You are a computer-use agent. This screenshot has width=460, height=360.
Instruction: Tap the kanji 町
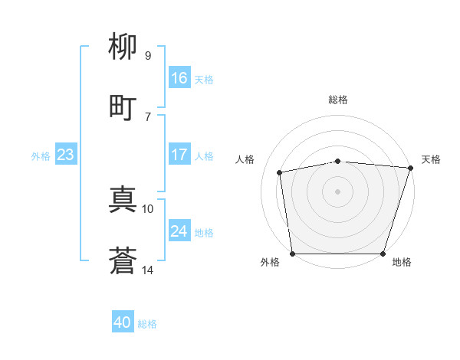coord(123,107)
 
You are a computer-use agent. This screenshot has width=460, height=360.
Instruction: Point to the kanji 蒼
coord(123,261)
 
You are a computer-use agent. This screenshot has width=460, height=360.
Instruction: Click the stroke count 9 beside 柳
coord(147,55)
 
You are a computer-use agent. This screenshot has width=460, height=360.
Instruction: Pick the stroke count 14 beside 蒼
coord(148,270)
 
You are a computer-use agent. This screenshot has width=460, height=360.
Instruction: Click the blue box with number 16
coord(179,78)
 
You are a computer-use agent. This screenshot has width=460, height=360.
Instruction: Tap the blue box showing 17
coord(179,155)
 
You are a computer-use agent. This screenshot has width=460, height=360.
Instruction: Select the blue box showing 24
coord(179,231)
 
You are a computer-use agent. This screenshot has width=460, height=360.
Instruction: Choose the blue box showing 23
coord(66,155)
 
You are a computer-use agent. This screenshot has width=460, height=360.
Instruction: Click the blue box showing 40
coord(123,323)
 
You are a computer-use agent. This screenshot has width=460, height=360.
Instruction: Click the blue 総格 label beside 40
coord(147,324)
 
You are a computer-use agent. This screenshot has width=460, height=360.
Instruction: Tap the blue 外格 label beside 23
coord(41,156)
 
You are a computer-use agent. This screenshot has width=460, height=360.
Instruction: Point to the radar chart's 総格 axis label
coord(338,100)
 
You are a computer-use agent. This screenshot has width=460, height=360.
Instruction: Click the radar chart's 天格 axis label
coord(431,159)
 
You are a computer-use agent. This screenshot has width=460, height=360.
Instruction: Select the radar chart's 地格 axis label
coord(402,263)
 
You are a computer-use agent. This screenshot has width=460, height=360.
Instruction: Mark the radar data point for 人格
coord(281,172)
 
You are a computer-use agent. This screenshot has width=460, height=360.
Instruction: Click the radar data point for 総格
coord(338,161)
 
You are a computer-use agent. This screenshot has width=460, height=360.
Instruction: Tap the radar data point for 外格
coord(292,254)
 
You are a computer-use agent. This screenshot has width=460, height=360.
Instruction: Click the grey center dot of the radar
coord(338,191)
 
